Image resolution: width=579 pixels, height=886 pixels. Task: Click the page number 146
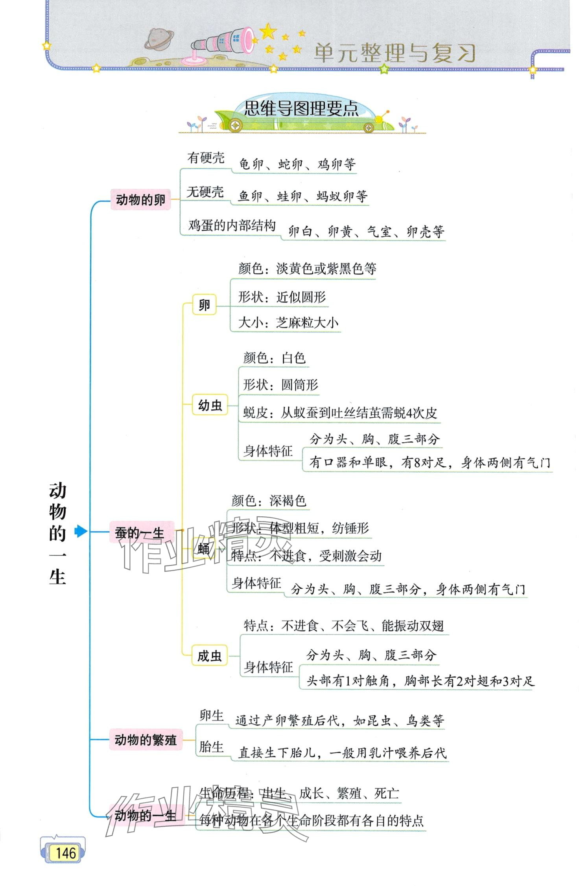pos(65,853)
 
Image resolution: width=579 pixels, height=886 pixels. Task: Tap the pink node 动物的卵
pos(140,200)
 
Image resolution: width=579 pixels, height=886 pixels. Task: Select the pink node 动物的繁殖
pos(146,740)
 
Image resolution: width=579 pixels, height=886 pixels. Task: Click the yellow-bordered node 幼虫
pos(210,405)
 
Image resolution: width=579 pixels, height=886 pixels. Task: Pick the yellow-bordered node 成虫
pos(209,656)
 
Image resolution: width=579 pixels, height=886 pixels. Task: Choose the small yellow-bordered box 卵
pos(204,305)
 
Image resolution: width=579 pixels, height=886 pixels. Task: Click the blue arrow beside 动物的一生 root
pos(81,531)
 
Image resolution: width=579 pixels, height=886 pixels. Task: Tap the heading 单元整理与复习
pos(395,53)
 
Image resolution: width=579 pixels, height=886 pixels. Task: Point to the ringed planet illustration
pos(159,39)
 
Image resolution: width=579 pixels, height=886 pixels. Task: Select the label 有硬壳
pos(206,158)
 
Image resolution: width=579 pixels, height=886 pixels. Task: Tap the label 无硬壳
pos(205,192)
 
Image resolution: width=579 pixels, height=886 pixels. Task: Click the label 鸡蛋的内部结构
pos(232,226)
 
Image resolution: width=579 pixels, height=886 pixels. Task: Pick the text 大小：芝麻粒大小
pos(288,323)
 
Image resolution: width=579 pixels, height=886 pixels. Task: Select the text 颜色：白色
pos(274,358)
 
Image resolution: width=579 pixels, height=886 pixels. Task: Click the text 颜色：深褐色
pos(269,501)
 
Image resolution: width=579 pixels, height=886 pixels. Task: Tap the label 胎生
pos(211,746)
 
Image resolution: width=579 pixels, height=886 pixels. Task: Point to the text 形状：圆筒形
pos(280,385)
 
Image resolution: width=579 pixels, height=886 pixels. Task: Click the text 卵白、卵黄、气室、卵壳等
pos(366,232)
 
